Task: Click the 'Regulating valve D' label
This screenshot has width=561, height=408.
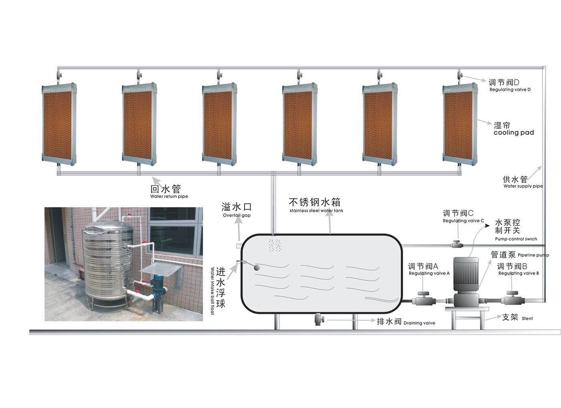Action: point(509,89)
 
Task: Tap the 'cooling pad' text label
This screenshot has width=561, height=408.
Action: point(513,133)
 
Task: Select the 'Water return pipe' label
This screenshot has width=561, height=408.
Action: point(169,196)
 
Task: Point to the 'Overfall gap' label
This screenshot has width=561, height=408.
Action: point(236,215)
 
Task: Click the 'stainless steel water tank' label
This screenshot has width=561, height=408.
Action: point(316,210)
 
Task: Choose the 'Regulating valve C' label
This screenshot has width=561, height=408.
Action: point(463,220)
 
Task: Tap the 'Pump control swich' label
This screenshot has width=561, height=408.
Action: point(516,239)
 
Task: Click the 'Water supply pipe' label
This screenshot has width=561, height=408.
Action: point(523,186)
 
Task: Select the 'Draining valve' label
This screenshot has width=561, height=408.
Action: point(419,323)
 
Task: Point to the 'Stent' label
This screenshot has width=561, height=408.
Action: point(527,319)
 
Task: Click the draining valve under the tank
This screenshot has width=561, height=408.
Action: point(319,319)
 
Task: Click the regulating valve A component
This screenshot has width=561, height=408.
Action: point(423,299)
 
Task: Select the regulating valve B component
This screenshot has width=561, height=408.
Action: point(512,299)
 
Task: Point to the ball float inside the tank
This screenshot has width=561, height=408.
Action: point(257,267)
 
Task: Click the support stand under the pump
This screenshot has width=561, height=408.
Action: point(467,317)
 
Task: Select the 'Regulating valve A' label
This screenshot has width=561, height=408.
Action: point(429,273)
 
